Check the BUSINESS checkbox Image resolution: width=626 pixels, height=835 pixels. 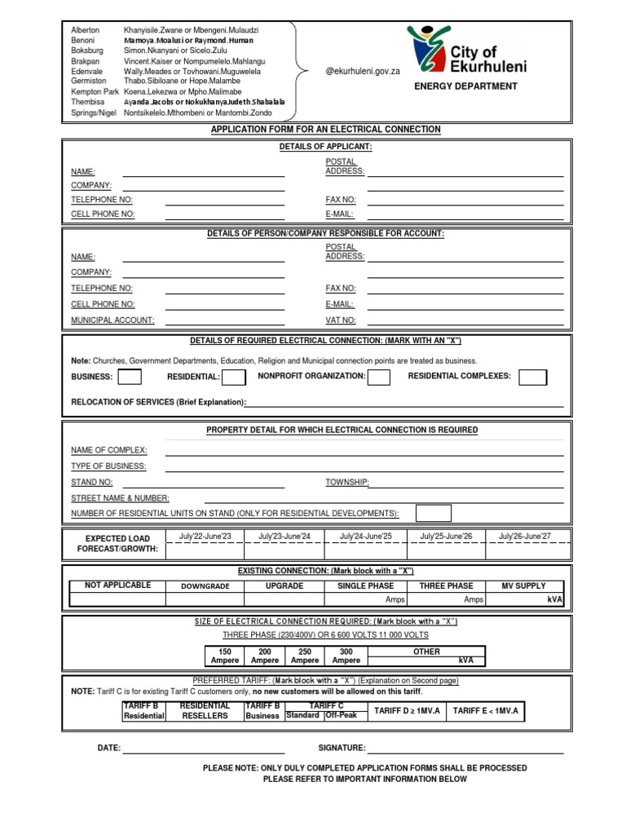130,377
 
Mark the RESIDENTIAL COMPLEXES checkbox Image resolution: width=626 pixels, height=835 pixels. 533,377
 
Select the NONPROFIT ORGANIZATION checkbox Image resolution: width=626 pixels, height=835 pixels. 378,377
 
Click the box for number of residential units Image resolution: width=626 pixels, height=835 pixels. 433,513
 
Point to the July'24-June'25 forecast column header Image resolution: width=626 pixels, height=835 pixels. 365,536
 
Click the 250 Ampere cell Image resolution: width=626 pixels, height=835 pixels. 305,656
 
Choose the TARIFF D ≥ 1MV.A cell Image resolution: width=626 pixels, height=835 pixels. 406,711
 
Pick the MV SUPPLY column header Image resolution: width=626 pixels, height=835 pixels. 524,585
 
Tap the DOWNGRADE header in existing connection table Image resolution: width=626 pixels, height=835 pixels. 205,586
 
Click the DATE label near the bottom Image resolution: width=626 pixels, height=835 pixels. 109,748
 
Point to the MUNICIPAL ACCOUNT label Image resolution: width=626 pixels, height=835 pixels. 112,320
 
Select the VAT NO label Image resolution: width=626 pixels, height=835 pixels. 341,320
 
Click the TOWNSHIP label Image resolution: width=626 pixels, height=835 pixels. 347,482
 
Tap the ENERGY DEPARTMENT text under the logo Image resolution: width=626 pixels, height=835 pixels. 465,86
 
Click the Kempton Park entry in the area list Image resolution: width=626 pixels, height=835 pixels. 95,93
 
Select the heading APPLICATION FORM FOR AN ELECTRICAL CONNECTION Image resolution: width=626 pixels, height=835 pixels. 325,130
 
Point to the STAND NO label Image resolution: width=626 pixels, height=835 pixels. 91,482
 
